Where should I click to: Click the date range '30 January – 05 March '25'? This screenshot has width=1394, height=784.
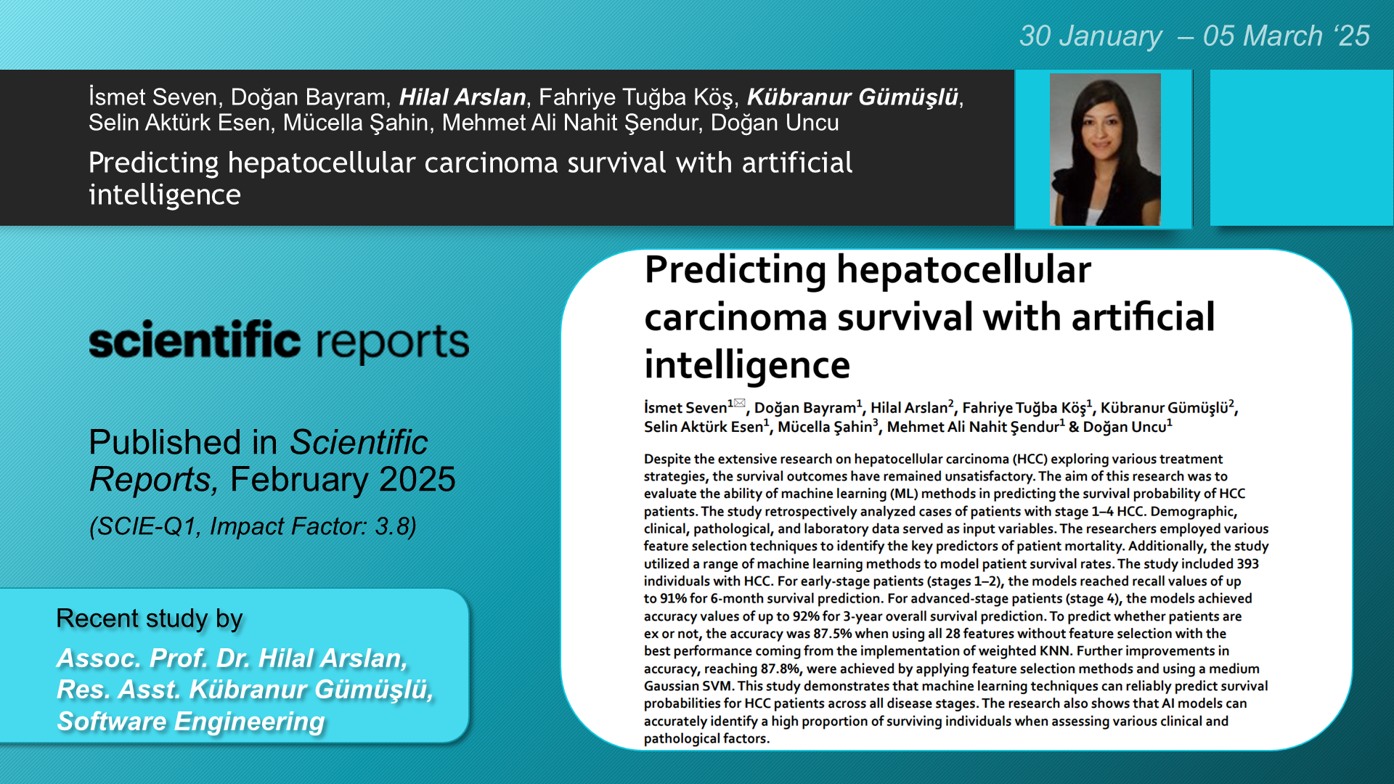click(x=1194, y=36)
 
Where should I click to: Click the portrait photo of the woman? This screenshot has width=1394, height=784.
click(x=1104, y=150)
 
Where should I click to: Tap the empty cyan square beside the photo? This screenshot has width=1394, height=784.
click(x=1301, y=148)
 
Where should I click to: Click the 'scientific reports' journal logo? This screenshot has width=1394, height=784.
click(x=279, y=341)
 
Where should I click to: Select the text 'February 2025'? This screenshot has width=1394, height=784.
click(x=343, y=479)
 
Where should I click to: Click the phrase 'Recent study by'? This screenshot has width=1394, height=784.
click(x=149, y=618)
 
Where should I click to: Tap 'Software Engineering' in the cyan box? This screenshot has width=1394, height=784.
click(x=191, y=722)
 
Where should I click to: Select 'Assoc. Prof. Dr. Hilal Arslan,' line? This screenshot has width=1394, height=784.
click(x=232, y=658)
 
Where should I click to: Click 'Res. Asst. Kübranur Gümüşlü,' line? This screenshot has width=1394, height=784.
click(x=245, y=690)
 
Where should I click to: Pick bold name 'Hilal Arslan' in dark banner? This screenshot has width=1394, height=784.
click(x=462, y=97)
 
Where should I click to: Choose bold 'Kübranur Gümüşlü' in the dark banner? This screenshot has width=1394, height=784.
click(x=852, y=97)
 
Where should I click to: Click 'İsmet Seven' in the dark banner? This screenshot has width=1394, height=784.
click(x=153, y=97)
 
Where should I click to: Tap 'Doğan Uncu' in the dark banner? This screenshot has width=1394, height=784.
click(x=775, y=123)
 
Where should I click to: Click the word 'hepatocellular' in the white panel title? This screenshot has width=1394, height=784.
click(x=963, y=270)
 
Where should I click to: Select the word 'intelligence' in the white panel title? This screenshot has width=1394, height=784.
click(x=747, y=365)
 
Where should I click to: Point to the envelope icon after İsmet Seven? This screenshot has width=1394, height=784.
click(x=739, y=403)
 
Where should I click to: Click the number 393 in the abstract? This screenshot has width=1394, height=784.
click(x=1247, y=563)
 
